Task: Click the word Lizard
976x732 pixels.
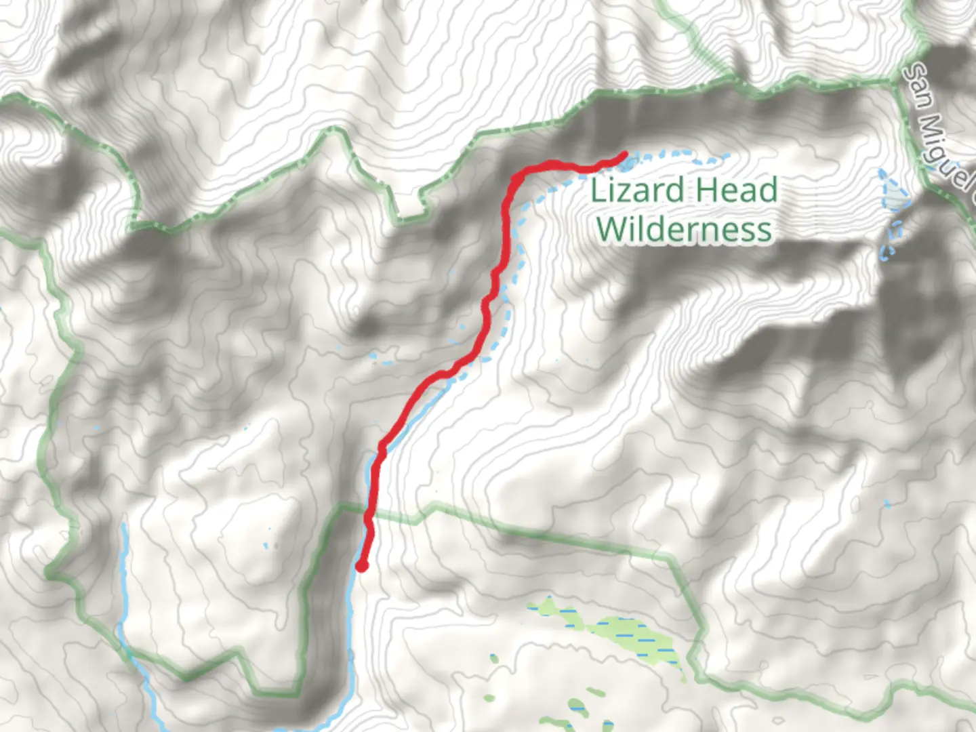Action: [x=637, y=190]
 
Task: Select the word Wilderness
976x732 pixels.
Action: [x=684, y=229]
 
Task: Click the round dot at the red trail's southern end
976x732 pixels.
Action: [x=362, y=566]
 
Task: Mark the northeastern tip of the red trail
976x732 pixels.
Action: [x=622, y=155]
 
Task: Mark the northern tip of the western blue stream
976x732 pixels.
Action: [x=123, y=525]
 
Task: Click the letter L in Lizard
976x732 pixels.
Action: [x=598, y=190]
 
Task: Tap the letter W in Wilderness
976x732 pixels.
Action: [x=613, y=229]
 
